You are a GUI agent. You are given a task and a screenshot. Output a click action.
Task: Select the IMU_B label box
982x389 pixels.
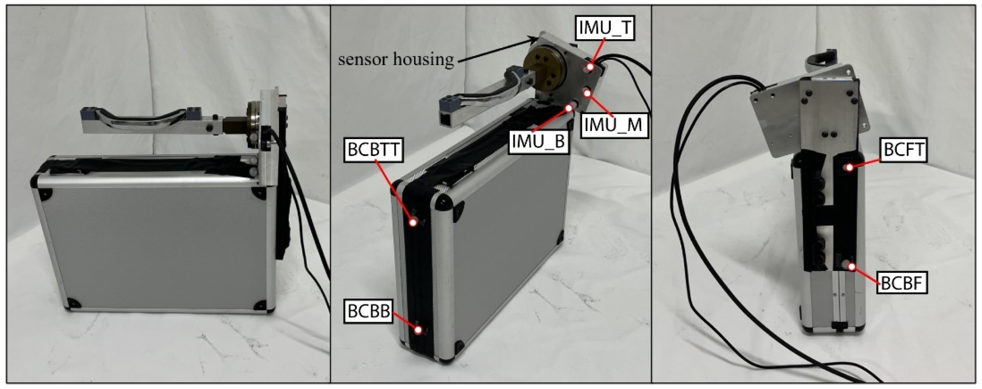[x=538, y=141]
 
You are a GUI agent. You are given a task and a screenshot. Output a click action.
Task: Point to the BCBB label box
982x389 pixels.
[x=369, y=311]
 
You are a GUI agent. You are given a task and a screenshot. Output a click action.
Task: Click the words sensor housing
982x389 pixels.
[x=396, y=59]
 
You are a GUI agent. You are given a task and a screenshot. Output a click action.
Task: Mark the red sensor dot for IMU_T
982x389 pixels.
[x=590, y=68]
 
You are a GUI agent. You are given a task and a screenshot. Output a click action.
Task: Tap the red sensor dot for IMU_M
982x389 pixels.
[x=587, y=92]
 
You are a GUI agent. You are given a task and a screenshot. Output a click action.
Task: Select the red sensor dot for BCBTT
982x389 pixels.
[x=413, y=223]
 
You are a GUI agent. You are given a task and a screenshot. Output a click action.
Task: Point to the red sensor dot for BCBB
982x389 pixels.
[x=419, y=331]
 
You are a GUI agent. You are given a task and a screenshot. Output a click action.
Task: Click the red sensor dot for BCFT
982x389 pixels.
[x=850, y=167]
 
